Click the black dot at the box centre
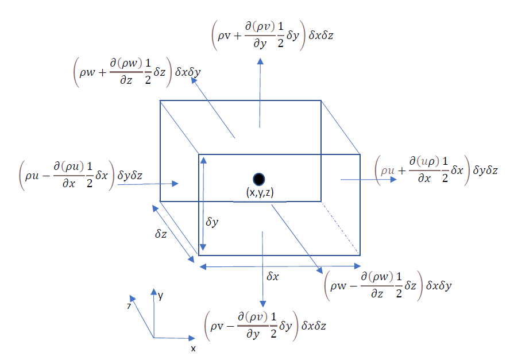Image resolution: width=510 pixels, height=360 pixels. click(x=258, y=179)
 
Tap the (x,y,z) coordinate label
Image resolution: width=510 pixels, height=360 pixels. click(x=258, y=193)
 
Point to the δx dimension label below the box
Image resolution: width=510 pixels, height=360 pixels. click(x=273, y=276)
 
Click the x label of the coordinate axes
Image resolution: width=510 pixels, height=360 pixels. click(x=194, y=348)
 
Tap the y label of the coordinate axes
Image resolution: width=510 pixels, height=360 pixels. click(x=161, y=296)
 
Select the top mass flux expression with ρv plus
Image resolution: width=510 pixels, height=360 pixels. click(x=272, y=36)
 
